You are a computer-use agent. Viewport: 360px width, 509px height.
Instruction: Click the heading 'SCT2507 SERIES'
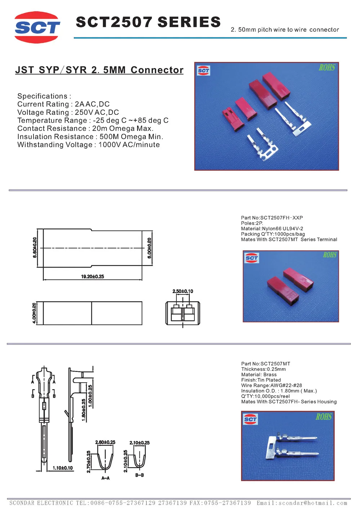coord(148,22)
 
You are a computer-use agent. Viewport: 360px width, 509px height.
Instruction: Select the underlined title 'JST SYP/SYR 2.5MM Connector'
coord(99,70)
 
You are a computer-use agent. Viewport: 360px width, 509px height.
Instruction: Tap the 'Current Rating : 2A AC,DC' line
coord(63,104)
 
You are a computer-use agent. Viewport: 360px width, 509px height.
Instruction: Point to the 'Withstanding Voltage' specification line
coord(88,145)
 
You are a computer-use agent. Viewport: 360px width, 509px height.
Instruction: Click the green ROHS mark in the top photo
coord(327,68)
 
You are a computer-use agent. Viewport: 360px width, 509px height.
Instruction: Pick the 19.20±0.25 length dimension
coord(93,276)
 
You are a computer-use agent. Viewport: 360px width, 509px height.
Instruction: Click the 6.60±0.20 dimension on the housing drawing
coord(35,247)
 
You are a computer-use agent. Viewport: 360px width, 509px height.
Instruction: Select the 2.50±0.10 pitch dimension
coord(183,291)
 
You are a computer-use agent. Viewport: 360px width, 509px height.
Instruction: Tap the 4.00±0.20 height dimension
coord(34,313)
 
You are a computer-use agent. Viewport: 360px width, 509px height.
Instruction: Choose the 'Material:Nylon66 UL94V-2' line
coord(272,229)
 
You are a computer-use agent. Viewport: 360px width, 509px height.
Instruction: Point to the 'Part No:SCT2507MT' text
coord(265,364)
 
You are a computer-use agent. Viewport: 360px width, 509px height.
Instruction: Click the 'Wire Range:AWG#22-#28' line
coord(271,386)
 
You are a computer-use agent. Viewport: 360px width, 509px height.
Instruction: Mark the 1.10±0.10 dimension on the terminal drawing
coord(63,468)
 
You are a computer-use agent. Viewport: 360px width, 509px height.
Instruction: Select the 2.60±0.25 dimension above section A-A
coord(105,442)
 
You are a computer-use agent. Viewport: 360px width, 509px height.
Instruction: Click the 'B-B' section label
coord(139,475)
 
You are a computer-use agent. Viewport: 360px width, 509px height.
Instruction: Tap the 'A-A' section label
coord(105,478)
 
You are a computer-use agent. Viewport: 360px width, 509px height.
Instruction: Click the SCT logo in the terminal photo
coord(250,419)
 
